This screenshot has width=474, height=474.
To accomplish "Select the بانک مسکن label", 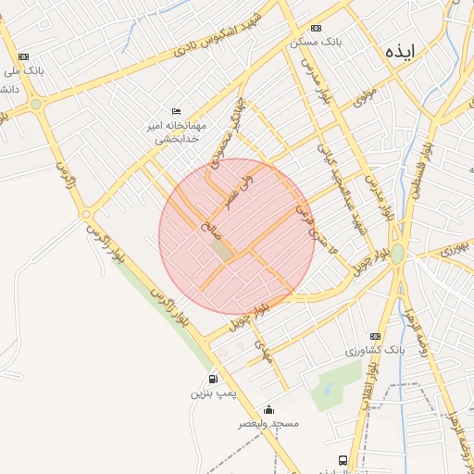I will [311, 44].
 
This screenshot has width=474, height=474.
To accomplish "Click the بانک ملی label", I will [29, 70].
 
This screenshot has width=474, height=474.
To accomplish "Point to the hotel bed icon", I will [176, 111].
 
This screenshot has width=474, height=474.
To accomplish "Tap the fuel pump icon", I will [214, 378].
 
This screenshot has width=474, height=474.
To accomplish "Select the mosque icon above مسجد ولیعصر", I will [268, 408].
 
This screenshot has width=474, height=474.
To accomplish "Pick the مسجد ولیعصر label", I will [268, 424].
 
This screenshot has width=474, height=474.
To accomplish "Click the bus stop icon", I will [343, 459].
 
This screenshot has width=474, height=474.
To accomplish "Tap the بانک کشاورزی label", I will [376, 351].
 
